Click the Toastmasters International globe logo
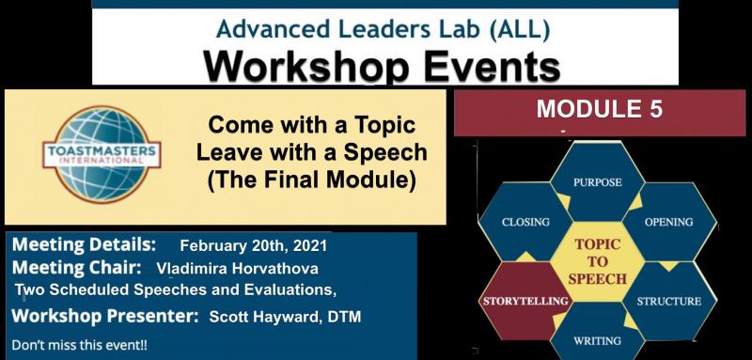(x=102, y=152)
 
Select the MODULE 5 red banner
(x=599, y=109)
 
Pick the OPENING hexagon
(x=668, y=222)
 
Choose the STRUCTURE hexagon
(x=668, y=301)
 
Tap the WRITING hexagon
(x=597, y=339)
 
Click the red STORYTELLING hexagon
(x=526, y=301)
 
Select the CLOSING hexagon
(x=526, y=222)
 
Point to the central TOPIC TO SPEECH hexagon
(x=598, y=260)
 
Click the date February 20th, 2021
(x=254, y=247)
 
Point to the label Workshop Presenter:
(x=104, y=317)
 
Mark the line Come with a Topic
(x=310, y=125)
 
